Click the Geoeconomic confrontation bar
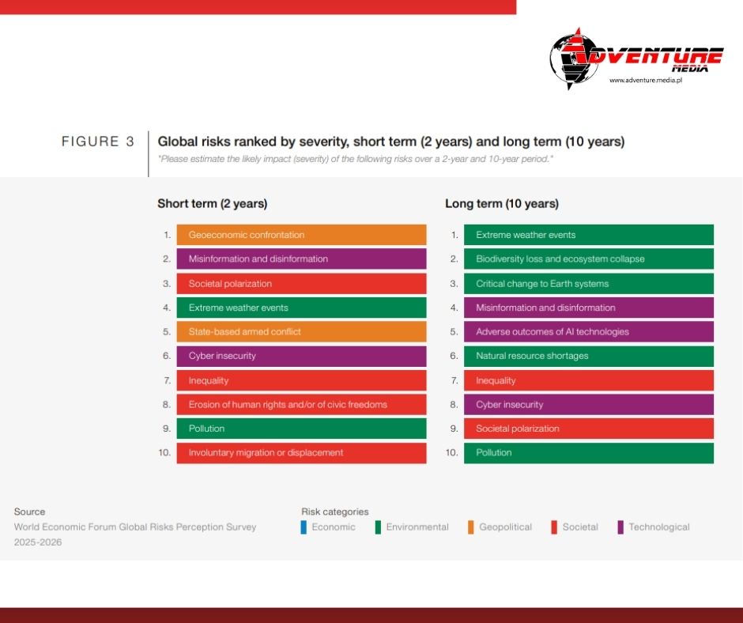pos(301,235)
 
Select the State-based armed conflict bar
pos(301,332)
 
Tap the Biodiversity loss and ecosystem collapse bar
pos(588,259)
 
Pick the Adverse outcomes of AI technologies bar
pos(588,332)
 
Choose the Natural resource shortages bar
pos(588,356)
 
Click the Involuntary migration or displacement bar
pos(301,453)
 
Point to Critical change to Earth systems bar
pos(588,284)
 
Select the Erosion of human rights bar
pos(301,405)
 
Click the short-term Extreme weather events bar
pos(301,308)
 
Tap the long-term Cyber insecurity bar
pos(588,405)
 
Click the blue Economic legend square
pos(304,527)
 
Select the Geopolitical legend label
pos(505,527)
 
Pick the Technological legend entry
pos(658,527)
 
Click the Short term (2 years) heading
pos(212,204)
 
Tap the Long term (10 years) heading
pos(502,204)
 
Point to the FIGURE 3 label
pos(98,142)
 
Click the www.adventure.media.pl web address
pos(645,81)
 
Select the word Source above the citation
pos(29,512)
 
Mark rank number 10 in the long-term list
pos(452,453)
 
